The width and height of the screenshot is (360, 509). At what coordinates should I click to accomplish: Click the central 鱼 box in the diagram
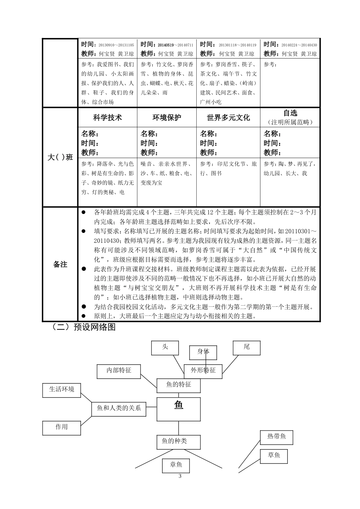pos(178,409)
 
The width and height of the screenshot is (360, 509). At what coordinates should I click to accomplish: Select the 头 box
pos(165,348)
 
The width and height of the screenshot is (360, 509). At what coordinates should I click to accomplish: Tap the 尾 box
pos(247,347)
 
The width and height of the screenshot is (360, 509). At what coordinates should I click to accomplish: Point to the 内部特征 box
pos(119,371)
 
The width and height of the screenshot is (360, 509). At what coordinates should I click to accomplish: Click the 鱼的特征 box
pos(178,385)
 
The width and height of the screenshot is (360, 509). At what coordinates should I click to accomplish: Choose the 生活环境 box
pos(61,390)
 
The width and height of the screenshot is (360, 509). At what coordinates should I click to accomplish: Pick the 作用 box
pos(61,428)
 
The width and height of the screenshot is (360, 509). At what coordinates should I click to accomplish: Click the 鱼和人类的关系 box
pos(119,409)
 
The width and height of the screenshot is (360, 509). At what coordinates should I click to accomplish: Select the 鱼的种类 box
pos(178,442)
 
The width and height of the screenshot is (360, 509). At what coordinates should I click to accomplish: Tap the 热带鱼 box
pos(277,437)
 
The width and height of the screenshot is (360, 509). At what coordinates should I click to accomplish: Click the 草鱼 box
pos(274,456)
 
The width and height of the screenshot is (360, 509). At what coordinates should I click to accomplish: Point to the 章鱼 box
pos(176,465)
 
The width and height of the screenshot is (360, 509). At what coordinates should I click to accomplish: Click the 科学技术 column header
pos(108,118)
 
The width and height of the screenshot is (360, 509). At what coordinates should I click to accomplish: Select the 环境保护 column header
pos(167,118)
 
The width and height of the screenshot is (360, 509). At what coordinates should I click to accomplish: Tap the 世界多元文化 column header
pos(228,118)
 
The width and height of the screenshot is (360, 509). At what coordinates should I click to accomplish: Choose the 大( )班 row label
pos(60,157)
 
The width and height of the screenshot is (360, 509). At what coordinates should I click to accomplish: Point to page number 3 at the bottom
pos(180,476)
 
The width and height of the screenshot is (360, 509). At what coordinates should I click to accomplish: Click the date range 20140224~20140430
pos(299,45)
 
